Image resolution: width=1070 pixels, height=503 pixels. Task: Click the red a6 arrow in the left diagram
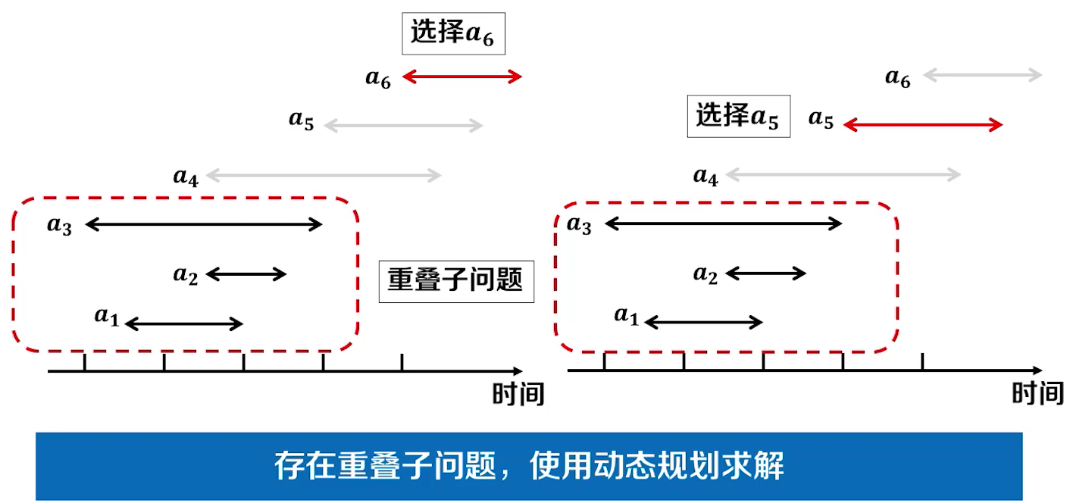(x=462, y=77)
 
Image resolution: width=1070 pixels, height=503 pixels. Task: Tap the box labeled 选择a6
(x=452, y=33)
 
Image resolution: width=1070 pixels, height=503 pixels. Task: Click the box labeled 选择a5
(x=738, y=116)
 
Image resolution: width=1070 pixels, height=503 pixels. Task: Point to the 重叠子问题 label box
(x=455, y=281)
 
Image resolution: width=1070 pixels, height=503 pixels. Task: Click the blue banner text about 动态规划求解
(x=529, y=466)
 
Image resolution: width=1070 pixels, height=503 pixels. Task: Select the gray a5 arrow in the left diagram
(x=403, y=126)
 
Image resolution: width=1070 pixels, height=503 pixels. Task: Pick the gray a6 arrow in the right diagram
(x=983, y=75)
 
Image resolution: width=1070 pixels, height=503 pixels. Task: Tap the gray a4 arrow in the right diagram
(x=843, y=176)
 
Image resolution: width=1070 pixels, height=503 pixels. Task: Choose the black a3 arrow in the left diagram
(x=204, y=224)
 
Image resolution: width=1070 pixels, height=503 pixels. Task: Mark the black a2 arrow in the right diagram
(x=766, y=273)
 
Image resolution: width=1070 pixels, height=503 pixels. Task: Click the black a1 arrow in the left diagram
(x=183, y=324)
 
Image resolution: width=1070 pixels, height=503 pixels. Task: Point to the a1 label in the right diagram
(x=626, y=315)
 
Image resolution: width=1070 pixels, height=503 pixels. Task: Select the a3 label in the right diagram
(x=579, y=225)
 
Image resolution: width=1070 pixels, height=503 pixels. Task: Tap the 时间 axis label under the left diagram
(x=518, y=394)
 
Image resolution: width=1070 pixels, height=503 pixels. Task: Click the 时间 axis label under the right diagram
(x=1037, y=393)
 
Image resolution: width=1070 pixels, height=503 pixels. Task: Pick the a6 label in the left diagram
(x=378, y=78)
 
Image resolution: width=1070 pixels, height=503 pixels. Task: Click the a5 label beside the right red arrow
(x=821, y=119)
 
